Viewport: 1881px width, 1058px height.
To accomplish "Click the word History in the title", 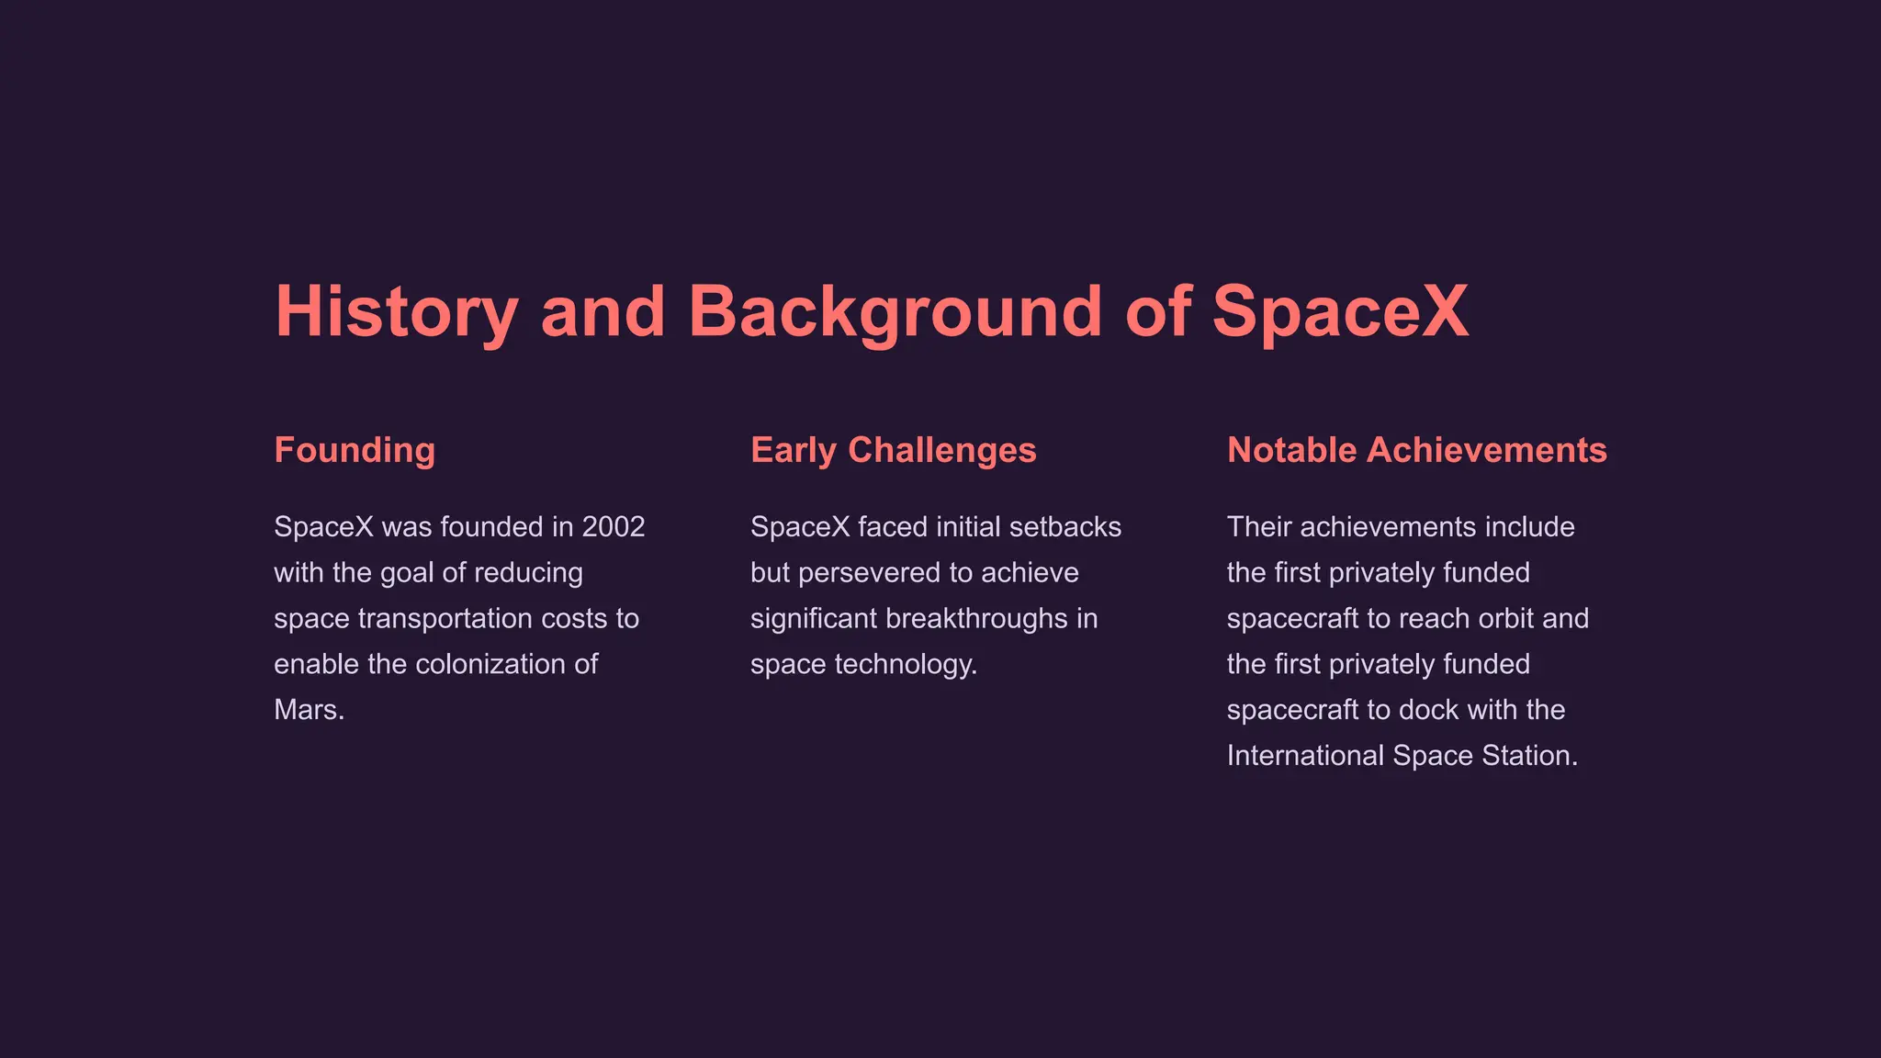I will pos(397,312).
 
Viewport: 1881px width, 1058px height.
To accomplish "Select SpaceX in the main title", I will pos(1340,312).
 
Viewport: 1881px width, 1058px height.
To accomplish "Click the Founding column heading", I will pos(355,450).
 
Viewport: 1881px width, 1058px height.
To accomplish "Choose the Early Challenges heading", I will pos(893,450).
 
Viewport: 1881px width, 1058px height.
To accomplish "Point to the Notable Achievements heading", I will pos(1416,450).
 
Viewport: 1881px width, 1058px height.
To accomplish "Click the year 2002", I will pos(614,527).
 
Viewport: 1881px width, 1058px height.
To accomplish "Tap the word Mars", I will pos(309,710).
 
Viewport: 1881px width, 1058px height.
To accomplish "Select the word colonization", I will pos(482,664).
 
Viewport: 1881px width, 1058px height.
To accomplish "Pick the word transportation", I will pos(445,618).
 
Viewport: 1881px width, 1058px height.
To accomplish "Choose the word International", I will pos(1305,756).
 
